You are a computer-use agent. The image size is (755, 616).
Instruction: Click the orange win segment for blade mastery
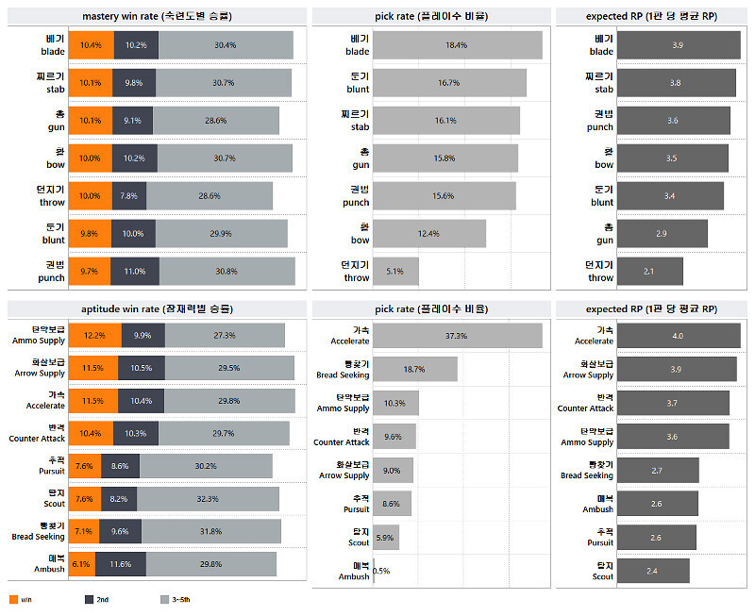91,45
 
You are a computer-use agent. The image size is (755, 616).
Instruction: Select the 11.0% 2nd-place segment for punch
135,272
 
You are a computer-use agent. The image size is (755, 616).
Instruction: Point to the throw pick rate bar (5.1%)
395,272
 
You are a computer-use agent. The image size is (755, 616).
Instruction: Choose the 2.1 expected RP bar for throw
649,272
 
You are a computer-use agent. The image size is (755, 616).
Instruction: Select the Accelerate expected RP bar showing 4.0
679,336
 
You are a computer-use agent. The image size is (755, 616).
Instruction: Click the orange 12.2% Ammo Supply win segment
94,336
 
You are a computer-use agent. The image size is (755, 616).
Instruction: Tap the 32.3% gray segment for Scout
212,499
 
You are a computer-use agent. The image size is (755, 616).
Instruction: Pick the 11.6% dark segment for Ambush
120,564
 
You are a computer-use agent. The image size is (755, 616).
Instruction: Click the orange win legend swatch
12,599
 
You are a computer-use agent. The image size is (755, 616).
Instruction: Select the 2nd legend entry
94,599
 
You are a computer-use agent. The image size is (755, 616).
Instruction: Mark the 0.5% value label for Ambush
381,571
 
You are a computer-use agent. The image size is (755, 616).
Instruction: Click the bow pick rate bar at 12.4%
429,234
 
